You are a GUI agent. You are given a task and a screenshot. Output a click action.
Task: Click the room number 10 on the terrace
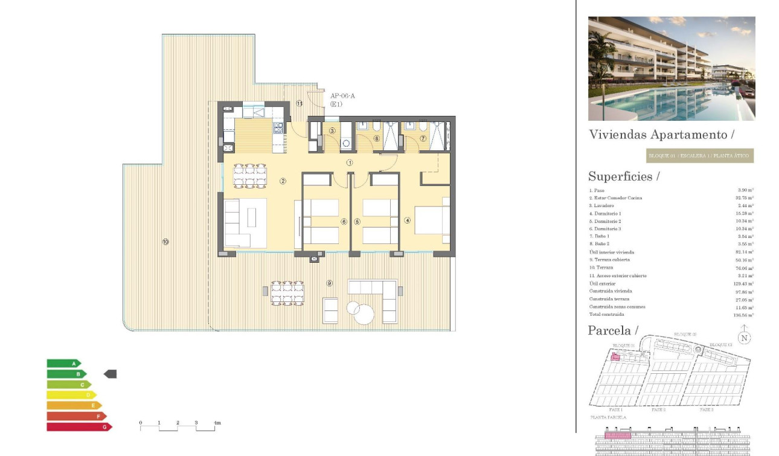(165, 242)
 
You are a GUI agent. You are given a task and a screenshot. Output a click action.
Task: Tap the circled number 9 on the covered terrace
(330, 283)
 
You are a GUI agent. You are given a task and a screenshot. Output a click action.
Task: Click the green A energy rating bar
(63, 364)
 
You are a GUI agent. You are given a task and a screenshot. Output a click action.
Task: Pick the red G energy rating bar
(79, 427)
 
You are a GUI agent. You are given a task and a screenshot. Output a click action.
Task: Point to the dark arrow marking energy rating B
(110, 374)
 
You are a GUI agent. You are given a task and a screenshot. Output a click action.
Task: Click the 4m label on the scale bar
(217, 423)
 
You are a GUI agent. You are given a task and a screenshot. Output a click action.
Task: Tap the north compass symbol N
(744, 338)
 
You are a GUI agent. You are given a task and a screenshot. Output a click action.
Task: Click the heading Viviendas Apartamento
(661, 134)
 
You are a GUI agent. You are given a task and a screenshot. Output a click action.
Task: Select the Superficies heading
(624, 176)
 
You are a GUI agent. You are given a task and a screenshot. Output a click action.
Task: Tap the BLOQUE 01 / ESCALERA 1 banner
(699, 156)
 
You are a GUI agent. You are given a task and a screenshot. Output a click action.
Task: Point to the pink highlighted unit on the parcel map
(615, 357)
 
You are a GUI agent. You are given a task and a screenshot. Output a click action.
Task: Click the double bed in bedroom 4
(432, 220)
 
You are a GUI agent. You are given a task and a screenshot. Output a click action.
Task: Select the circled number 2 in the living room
(283, 181)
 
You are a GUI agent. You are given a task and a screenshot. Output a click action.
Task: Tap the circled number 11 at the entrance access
(300, 103)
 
